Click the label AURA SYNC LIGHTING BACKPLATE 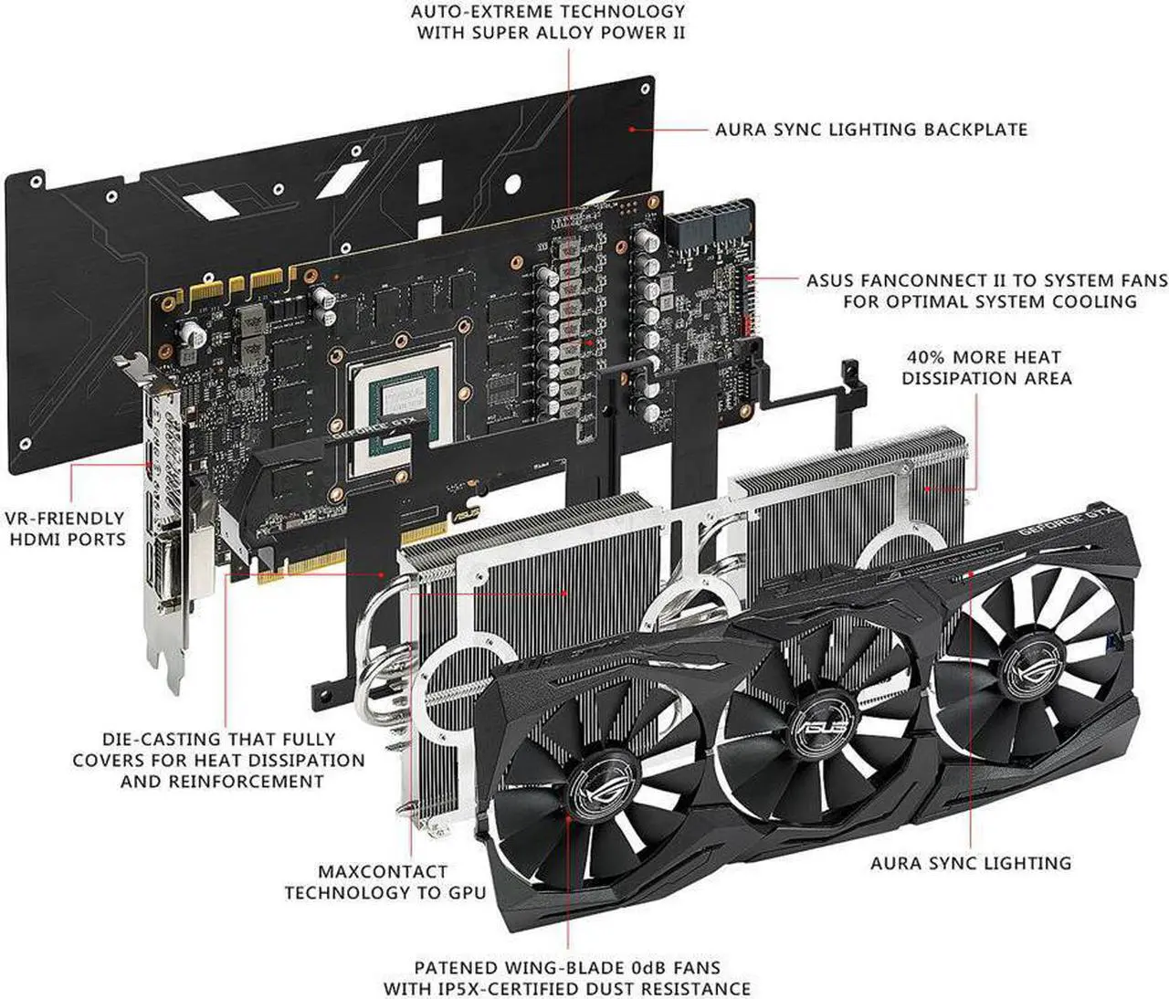tap(871, 130)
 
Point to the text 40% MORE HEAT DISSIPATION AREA tap(985, 368)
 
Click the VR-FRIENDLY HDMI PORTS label tap(66, 529)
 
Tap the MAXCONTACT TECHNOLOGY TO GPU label tap(384, 882)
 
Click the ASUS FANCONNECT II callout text tap(986, 290)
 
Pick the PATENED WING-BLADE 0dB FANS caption tap(567, 978)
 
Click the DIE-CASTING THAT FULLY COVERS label tap(219, 760)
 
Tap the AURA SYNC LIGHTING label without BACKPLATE tap(971, 863)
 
